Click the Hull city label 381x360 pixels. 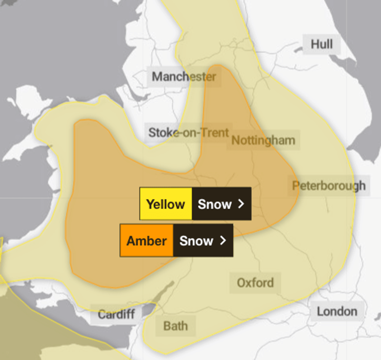(321, 45)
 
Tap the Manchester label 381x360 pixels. (184, 77)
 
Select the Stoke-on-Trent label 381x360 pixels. (189, 133)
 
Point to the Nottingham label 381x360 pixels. (263, 140)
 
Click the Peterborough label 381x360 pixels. (328, 186)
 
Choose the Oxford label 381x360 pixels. (255, 283)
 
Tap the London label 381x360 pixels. (337, 311)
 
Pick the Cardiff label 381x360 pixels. (116, 314)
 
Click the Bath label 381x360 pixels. (176, 326)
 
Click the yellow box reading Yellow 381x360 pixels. (166, 204)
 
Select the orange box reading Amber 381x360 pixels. (146, 240)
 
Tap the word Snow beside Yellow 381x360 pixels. (215, 204)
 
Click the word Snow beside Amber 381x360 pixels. (196, 240)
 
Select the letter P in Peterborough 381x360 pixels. (296, 186)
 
